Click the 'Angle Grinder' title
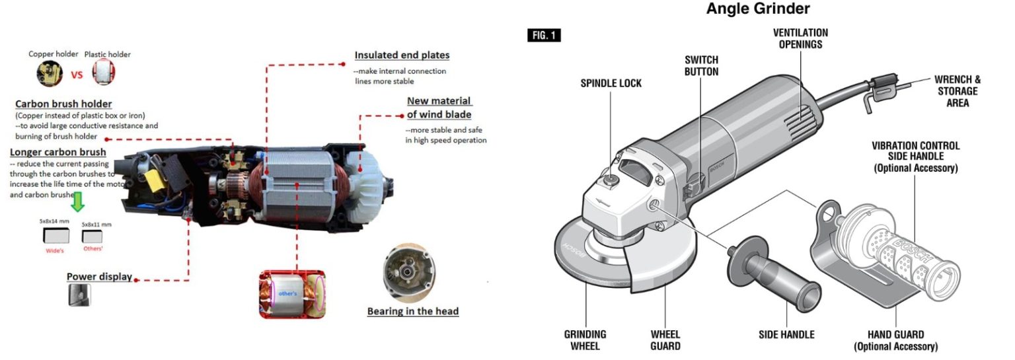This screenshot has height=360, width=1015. [758, 9]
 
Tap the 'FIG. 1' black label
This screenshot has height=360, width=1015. [544, 35]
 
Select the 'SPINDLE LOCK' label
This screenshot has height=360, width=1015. [611, 83]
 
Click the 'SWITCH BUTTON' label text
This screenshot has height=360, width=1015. [701, 65]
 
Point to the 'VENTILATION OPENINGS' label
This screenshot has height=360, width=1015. [800, 38]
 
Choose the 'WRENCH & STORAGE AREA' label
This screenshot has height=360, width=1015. [958, 91]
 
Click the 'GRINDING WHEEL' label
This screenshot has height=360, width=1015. [585, 340]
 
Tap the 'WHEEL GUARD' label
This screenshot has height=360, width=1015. [665, 340]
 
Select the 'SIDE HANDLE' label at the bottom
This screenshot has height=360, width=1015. [786, 335]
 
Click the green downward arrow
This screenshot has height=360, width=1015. [78, 201]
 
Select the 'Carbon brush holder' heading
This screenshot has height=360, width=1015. [63, 104]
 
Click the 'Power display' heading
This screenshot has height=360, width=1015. [99, 277]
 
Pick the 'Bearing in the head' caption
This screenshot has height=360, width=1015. [412, 311]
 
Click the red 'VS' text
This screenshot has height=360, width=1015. [77, 74]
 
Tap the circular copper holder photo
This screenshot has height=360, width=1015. [50, 73]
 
